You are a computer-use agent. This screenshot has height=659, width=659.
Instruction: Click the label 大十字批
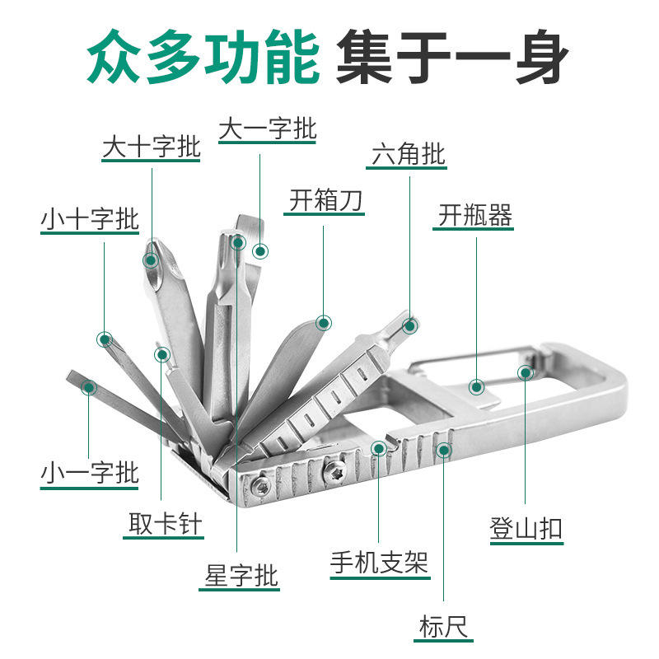[151, 148]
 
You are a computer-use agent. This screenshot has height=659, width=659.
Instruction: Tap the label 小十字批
[90, 220]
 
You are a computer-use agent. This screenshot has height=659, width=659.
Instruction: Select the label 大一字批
[268, 129]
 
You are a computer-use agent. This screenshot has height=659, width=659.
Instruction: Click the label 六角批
[409, 154]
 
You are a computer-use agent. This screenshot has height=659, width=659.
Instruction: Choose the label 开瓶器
[474, 216]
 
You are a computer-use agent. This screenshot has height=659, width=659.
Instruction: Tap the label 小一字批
[90, 473]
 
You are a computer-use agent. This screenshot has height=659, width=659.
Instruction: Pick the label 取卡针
[165, 524]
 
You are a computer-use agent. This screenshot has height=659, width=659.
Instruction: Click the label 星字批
[241, 576]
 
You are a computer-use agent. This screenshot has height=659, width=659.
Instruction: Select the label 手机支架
[379, 563]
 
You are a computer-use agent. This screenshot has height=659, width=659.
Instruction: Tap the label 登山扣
[526, 528]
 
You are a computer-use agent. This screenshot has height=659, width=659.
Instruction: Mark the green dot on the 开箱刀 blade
[324, 323]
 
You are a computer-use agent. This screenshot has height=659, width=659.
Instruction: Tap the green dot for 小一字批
[89, 386]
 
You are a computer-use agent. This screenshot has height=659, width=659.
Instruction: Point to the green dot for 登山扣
[526, 372]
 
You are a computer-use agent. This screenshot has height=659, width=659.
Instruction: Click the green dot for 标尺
[444, 450]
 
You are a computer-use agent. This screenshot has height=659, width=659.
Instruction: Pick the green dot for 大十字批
[151, 260]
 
